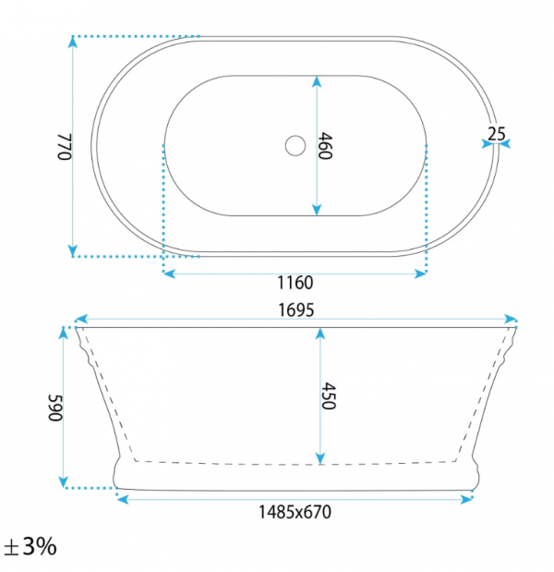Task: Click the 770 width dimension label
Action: tap(65, 147)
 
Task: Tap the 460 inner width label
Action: tap(325, 146)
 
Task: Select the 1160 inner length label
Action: tap(295, 283)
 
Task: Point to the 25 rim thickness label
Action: tap(497, 134)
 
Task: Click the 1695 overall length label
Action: tap(296, 310)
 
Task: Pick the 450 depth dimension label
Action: tap(329, 396)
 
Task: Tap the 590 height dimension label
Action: tap(55, 408)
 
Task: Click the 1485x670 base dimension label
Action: tap(295, 512)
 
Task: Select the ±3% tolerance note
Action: tap(30, 547)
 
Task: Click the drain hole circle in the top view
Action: tap(295, 146)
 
